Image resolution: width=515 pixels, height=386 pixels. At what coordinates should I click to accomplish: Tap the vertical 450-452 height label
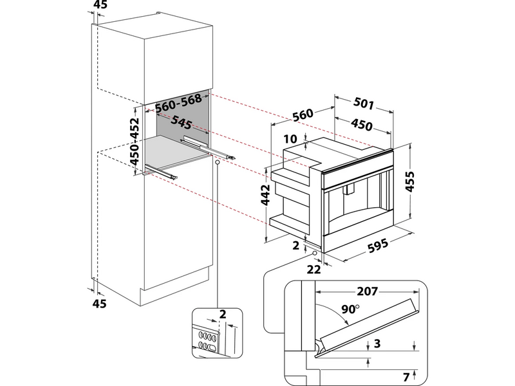click(135, 142)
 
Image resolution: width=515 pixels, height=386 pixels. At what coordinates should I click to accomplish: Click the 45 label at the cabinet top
click(100, 6)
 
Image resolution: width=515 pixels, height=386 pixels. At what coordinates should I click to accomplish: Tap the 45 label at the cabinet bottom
click(100, 302)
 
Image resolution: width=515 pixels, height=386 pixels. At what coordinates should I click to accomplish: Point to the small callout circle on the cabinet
click(218, 163)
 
